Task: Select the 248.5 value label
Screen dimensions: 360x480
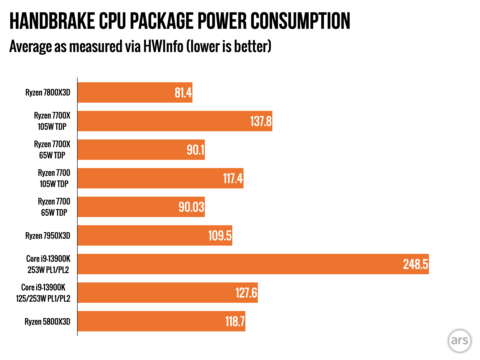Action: [415, 264]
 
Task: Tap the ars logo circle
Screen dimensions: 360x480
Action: [459, 341]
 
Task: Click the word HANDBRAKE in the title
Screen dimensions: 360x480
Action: [52, 21]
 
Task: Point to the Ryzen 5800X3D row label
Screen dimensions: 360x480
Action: [47, 322]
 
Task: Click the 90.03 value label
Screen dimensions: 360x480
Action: [191, 207]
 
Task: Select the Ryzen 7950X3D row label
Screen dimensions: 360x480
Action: [48, 236]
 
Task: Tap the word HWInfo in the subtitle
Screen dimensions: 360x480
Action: [163, 46]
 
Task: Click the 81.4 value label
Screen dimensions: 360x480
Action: [183, 93]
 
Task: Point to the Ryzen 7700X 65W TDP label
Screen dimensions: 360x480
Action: [52, 150]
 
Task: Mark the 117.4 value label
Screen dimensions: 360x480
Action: [233, 178]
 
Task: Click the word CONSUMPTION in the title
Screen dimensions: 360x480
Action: [300, 21]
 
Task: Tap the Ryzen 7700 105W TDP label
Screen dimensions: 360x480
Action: [54, 178]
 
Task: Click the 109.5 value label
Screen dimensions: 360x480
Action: [220, 236]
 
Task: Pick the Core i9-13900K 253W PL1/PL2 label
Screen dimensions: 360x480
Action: [48, 264]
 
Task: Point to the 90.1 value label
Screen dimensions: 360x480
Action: [195, 150]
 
